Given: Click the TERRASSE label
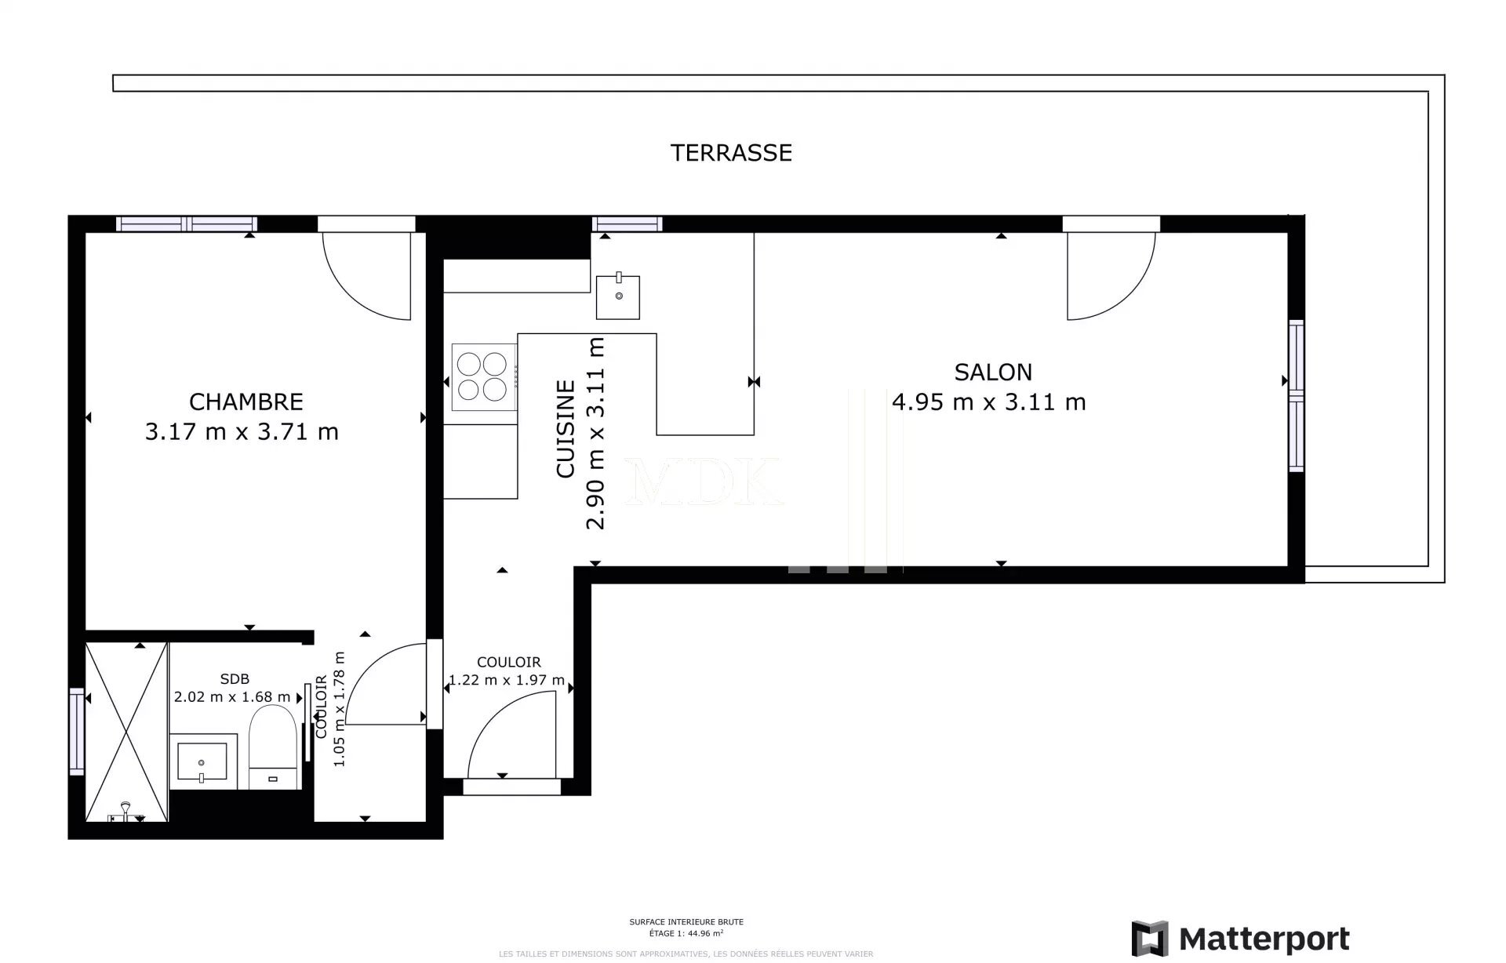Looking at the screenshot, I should coord(731,152).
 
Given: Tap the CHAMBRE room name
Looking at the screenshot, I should coord(246,402).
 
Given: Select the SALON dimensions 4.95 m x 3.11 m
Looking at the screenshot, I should coord(988,402).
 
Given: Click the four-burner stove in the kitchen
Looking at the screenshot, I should coord(482,376).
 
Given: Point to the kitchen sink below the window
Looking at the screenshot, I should coord(617,297).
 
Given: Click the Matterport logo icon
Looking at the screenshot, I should coord(1149,938).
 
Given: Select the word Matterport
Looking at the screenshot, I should coord(1264,938).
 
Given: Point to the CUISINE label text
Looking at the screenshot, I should coord(566,429).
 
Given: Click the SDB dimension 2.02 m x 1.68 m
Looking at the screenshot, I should coord(232,696).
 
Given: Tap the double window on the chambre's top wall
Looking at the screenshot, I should coord(187,224).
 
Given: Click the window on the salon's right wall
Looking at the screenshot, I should coord(1296,396).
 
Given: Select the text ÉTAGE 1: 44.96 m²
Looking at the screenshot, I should coord(686,933).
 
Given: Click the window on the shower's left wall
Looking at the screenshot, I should coord(77,731).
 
